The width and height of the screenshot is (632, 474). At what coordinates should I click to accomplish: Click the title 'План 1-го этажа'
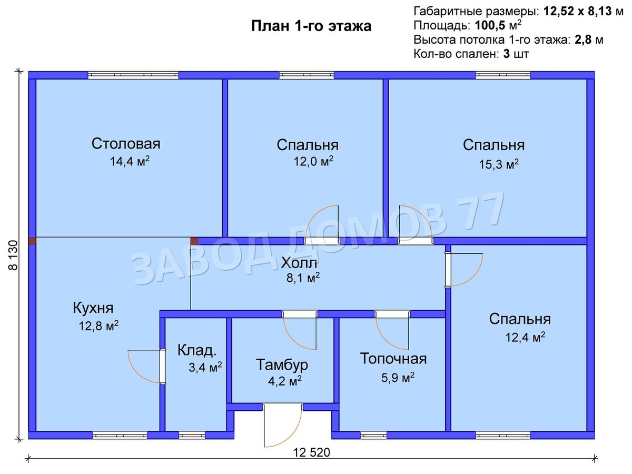point(311,26)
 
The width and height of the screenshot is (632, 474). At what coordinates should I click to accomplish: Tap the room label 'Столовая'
point(126,144)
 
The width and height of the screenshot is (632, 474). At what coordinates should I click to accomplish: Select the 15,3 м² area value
point(498,164)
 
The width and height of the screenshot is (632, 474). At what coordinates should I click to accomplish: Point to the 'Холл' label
point(299,262)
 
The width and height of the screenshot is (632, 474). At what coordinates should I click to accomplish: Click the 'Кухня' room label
point(93,308)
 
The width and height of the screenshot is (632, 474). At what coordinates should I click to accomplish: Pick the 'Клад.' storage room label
point(196,350)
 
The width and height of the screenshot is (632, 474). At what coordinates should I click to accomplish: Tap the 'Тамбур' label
point(282,364)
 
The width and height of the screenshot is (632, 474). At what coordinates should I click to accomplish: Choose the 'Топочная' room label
point(393,359)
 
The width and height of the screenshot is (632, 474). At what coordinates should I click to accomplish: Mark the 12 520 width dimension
point(312,452)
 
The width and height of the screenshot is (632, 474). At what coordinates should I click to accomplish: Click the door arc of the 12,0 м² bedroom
point(321,221)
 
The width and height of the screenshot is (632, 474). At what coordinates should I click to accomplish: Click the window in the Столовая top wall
point(133,75)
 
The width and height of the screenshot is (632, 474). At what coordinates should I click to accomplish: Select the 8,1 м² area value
point(300,278)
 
